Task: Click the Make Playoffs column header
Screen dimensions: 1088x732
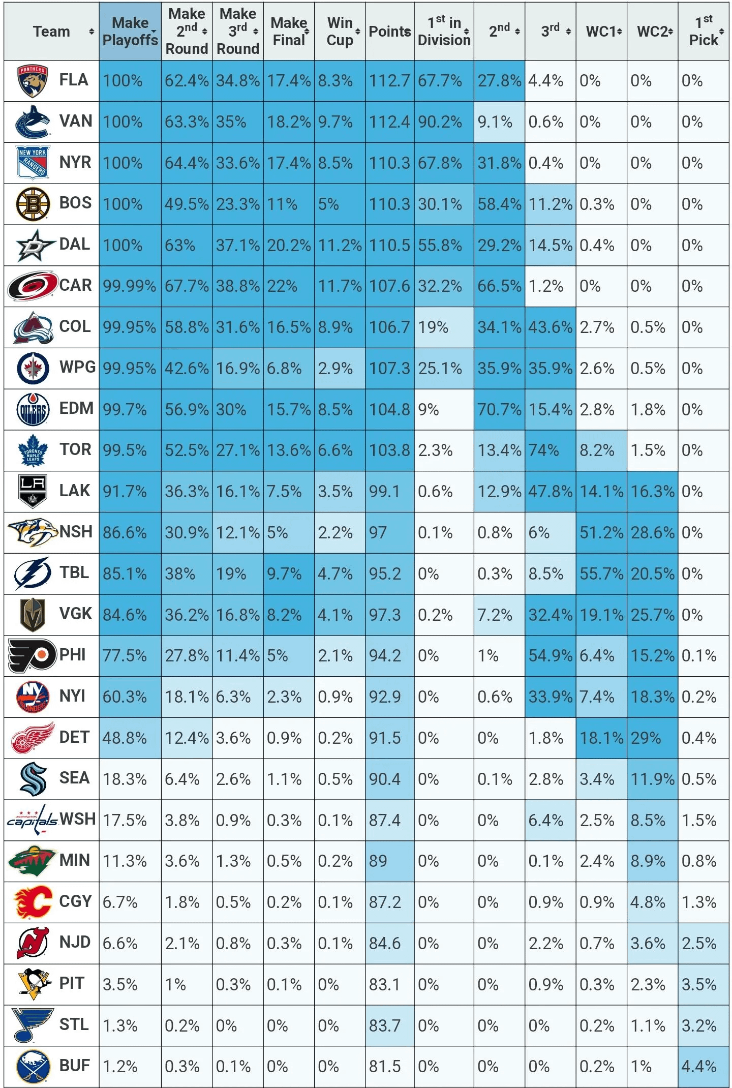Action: (130, 32)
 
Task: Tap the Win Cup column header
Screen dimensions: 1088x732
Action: (340, 32)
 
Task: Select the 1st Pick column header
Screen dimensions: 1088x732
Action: (703, 32)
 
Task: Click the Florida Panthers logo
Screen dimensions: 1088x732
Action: (32, 81)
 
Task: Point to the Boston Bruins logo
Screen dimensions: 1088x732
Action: (33, 204)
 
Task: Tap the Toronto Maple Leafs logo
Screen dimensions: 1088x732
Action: (33, 450)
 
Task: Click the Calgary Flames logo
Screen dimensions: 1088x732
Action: (33, 902)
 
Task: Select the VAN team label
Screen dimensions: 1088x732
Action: (76, 122)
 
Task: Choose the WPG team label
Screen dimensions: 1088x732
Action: (77, 368)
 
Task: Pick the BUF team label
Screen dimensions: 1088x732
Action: (75, 1066)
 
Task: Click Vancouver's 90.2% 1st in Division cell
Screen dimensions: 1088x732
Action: (440, 123)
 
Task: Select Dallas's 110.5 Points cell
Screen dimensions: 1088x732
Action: (389, 246)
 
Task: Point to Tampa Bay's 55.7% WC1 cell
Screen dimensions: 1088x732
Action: (601, 574)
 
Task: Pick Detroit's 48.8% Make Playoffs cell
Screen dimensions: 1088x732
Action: (125, 738)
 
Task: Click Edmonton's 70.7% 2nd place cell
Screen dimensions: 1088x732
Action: (499, 410)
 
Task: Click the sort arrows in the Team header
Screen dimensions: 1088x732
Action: (91, 32)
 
